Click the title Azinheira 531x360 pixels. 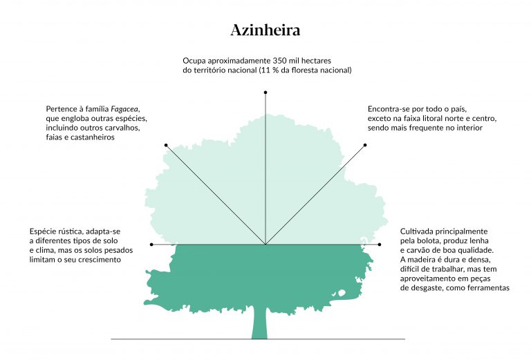[x=265, y=30]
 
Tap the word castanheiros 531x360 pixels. [x=91, y=138]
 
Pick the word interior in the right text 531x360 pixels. [x=467, y=128]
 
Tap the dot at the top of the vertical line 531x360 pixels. [x=265, y=91]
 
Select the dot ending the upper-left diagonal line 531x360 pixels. [x=166, y=145]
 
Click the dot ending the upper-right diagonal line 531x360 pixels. [x=365, y=145]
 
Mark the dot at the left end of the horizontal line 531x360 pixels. [x=151, y=244]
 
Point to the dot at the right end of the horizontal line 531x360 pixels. [x=380, y=244]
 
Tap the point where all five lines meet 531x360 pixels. [x=265, y=244]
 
